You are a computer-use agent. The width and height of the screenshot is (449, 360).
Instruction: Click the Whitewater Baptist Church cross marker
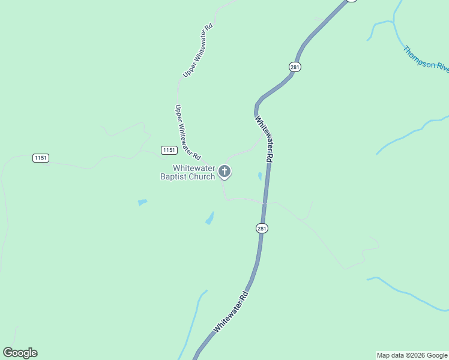coord(224,172)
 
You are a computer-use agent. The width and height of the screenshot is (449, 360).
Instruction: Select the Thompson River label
coord(426,58)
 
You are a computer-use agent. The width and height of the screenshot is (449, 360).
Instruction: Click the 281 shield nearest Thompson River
coord(294,67)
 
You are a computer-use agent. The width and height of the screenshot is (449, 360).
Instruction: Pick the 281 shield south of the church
coord(262,228)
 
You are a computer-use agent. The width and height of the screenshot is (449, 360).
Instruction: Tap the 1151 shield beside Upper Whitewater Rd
coord(169,150)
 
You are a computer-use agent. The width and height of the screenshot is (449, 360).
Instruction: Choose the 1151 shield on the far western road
coord(41,158)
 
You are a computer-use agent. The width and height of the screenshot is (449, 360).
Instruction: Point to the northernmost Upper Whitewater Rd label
coord(198,50)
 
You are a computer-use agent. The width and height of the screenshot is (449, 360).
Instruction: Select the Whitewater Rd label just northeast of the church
coord(264,139)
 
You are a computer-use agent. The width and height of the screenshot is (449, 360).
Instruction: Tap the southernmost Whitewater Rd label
coord(231,312)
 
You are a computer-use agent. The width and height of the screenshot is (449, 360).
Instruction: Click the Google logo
coord(20,353)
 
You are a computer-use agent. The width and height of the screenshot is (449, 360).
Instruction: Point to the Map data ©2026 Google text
coord(412,355)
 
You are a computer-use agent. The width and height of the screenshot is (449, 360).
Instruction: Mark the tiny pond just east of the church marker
coord(259,176)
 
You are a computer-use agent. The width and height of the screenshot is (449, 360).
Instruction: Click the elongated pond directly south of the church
coord(209,218)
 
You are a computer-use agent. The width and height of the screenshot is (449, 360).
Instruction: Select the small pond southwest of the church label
coord(142,202)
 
